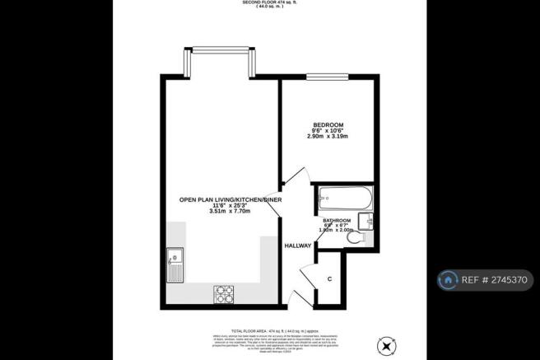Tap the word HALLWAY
tap(297, 245)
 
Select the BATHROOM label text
tap(337, 222)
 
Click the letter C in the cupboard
tap(330, 279)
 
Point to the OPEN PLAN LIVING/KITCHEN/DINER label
tap(226, 200)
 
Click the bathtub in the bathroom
tap(345, 198)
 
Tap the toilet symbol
tap(356, 240)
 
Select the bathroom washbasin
tap(369, 220)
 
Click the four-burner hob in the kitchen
tap(224, 292)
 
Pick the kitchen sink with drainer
tap(175, 265)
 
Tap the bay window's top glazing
tap(216, 49)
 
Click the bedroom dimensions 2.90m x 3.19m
tap(327, 137)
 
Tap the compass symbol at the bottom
tap(387, 344)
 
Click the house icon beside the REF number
tap(449, 280)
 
